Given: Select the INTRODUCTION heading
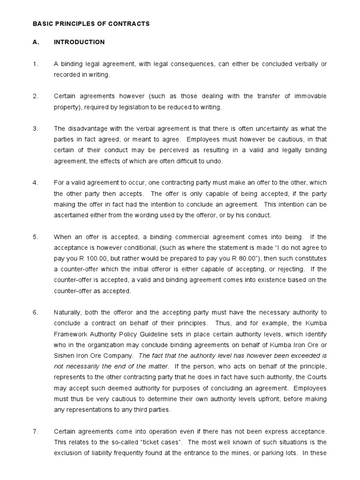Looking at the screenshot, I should (79, 42).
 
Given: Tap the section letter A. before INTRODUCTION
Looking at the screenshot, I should (36, 42).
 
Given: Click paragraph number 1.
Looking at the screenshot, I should (35, 64).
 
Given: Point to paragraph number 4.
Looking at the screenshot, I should (35, 182).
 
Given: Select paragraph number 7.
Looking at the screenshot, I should (35, 431).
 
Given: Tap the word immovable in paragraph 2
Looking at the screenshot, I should (310, 96).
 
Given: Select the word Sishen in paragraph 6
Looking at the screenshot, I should (64, 355).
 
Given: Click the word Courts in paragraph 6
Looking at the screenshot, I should (316, 377).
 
